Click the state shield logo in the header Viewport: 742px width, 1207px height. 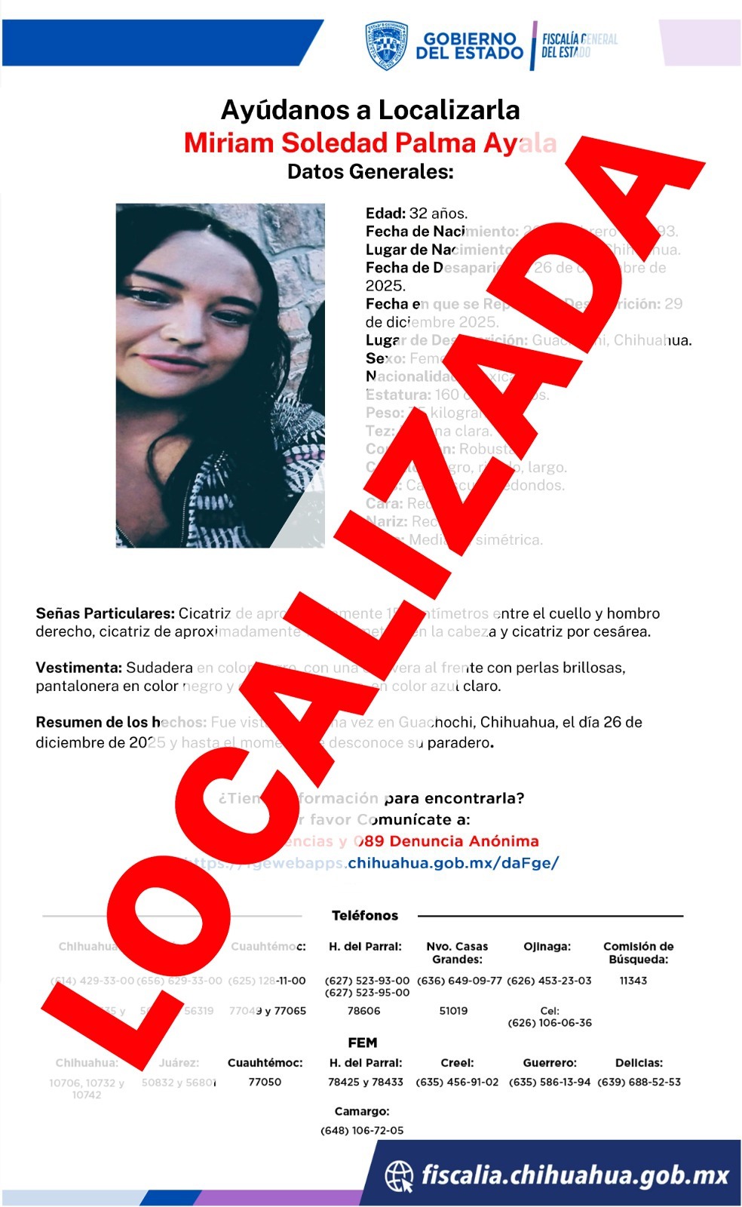[387, 45]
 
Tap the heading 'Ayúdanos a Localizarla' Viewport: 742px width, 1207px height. [370, 110]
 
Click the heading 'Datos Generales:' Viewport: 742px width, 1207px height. [370, 171]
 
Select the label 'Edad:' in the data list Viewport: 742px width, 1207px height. [385, 213]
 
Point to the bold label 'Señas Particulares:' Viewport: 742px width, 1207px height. [105, 613]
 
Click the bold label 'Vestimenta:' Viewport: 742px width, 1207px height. [78, 668]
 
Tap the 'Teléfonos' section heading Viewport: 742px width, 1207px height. [365, 915]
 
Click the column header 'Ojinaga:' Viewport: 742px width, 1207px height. [547, 946]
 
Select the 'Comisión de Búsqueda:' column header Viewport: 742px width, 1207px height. [638, 953]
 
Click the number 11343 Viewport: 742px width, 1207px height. [633, 981]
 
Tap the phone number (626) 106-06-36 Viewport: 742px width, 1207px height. [550, 1023]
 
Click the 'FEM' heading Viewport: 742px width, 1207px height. [362, 1043]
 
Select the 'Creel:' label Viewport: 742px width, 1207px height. [457, 1062]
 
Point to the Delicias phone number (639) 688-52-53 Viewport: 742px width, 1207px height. [639, 1082]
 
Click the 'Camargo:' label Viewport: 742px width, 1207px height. [362, 1111]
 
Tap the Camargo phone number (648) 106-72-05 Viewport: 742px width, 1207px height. [362, 1130]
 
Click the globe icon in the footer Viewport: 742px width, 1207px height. [399, 1175]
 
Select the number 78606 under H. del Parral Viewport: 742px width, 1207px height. [364, 1011]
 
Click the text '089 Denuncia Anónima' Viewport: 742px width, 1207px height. [446, 841]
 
